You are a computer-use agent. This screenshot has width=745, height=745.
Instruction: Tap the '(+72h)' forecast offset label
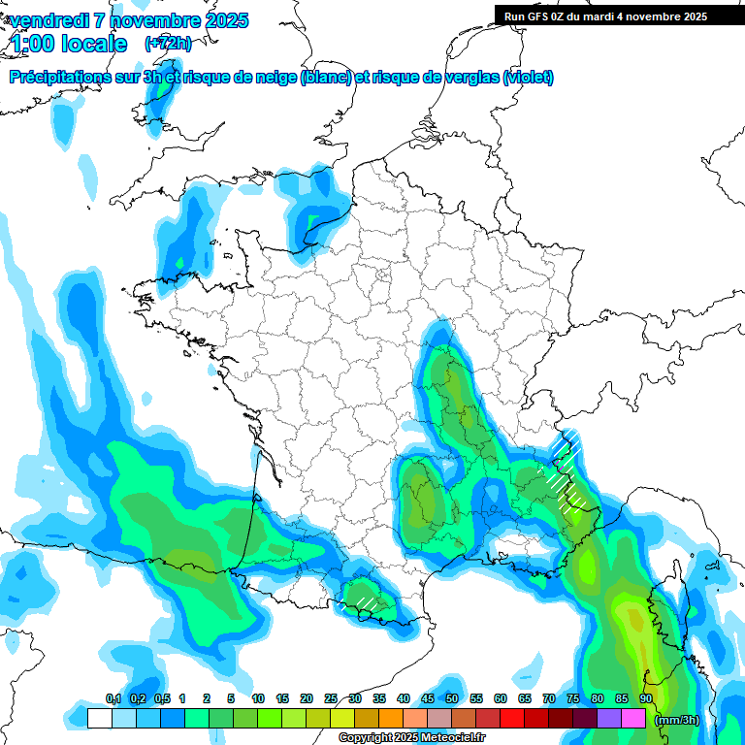coord(168,44)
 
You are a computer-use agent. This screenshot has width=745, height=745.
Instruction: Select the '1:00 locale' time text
coord(69,44)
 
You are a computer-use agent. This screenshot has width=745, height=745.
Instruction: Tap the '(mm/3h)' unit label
coord(677,720)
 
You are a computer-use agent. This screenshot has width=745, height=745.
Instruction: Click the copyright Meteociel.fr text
coord(411,738)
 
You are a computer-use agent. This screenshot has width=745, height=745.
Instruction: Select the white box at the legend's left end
coord(99,719)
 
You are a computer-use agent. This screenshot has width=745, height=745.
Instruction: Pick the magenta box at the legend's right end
coord(633,719)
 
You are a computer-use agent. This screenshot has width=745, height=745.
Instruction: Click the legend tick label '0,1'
coord(113,699)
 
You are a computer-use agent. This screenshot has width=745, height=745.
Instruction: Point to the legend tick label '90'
coord(645,699)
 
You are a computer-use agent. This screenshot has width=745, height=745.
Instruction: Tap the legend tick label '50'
coord(452,699)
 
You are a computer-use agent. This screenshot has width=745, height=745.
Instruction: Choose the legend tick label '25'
coord(331,699)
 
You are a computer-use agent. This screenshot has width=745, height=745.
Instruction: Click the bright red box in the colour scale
coord(512,719)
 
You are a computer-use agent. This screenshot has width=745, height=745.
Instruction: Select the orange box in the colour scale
coord(391,719)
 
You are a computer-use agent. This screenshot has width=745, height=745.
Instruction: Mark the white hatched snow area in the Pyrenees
coord(368,602)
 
